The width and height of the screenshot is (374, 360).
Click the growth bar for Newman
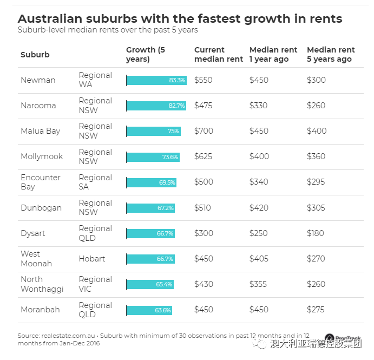pos(156,80)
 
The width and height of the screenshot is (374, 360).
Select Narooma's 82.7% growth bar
pos(156,106)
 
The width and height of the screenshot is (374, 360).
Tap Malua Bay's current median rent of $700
pos(204,131)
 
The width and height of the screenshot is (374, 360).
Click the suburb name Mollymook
pos(42,156)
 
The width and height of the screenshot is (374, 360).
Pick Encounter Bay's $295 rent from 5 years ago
pos(316,182)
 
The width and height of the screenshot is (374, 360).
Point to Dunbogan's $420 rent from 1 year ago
pos(259,208)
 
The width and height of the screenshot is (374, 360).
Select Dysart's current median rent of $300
pos(204,233)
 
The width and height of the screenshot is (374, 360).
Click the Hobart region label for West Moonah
pos(92,259)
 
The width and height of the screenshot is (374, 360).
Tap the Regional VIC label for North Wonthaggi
pos(95,284)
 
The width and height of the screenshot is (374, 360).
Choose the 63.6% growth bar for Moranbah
pos(149,310)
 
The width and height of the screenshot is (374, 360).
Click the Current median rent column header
pos(219,54)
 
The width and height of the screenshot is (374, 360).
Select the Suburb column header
pos(35,55)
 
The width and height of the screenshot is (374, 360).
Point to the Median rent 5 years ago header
pos(331,54)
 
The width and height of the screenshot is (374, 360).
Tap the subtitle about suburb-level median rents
pos(108,30)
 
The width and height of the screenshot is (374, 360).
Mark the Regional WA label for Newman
pos(95,80)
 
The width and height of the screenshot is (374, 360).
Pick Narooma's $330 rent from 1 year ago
pos(259,106)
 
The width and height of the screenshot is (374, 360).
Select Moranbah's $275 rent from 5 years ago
pos(316,310)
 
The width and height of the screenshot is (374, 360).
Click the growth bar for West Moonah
pos(150,259)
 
